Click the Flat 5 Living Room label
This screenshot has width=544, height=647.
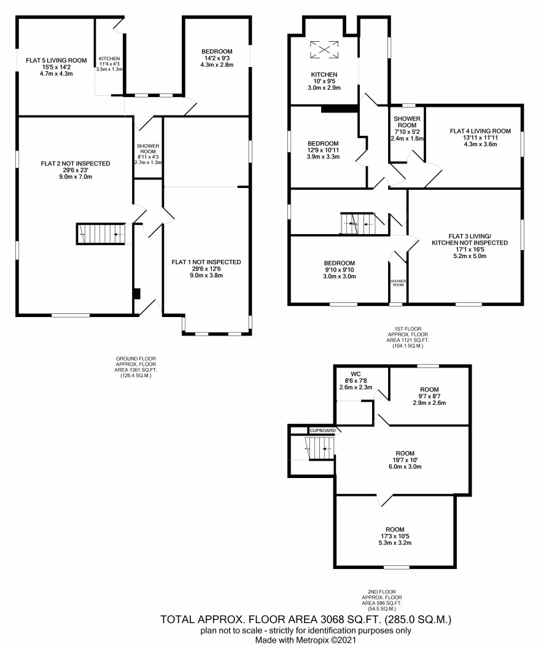coord(56,60)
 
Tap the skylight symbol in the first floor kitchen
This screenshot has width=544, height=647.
coord(324,50)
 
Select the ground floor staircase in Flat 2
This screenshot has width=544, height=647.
coord(101,234)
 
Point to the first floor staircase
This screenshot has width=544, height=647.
coord(357,223)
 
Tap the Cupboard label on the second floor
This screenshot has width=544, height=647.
coord(322,430)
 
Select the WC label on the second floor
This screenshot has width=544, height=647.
coord(356,374)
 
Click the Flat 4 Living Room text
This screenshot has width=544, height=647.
coord(481,131)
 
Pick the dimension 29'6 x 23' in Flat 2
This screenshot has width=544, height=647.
coord(76,170)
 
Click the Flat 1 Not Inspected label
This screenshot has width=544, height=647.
coord(206,262)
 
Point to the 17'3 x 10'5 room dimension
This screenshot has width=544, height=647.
coord(395,536)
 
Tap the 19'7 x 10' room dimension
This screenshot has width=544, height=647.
coord(405,460)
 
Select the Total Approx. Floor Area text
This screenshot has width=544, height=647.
coord(306,619)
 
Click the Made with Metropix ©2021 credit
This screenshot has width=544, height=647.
coord(306,640)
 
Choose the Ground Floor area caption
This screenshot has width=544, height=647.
coord(136,367)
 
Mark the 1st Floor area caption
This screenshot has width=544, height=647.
coord(408,337)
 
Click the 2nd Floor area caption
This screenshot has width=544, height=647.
coord(382,600)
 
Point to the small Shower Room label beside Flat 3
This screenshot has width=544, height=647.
coord(398,283)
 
